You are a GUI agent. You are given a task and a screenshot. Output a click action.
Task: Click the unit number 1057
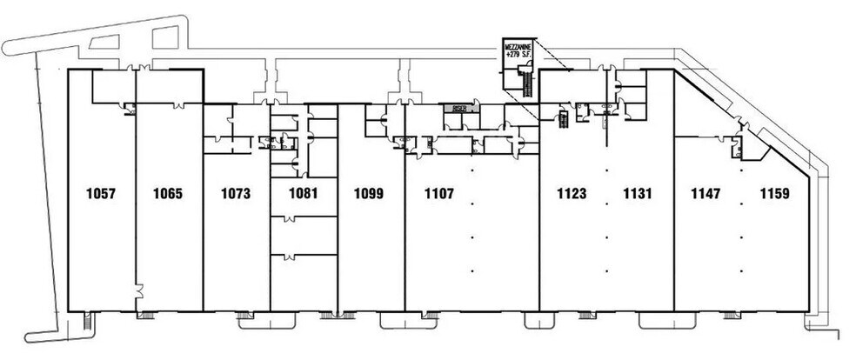tap(101, 194)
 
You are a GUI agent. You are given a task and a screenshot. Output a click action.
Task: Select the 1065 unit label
tap(168, 194)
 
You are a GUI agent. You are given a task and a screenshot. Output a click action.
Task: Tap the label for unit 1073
tap(236, 194)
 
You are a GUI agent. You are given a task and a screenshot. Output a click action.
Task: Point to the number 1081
tap(303, 194)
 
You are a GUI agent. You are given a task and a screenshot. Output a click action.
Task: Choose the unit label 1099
tap(371, 194)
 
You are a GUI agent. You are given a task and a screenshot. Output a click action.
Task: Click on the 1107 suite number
tap(439, 194)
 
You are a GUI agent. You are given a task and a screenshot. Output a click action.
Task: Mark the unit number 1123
tap(572, 194)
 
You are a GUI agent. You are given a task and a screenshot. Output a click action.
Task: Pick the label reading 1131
tap(639, 194)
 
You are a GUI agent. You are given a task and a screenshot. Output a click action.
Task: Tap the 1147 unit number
tap(706, 194)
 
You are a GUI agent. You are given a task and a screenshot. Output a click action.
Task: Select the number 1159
tap(773, 194)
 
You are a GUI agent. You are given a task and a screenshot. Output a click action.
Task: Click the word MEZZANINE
tap(521, 45)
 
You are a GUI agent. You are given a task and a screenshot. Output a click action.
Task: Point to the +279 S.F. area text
tap(521, 55)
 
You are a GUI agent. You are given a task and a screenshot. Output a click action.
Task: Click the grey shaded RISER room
tap(458, 109)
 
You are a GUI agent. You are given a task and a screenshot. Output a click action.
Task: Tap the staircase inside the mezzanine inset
tap(525, 81)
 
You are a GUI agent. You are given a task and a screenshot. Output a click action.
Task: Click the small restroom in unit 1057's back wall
tap(129, 109)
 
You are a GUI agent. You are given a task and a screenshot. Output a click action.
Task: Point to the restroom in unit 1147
tap(738, 150)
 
